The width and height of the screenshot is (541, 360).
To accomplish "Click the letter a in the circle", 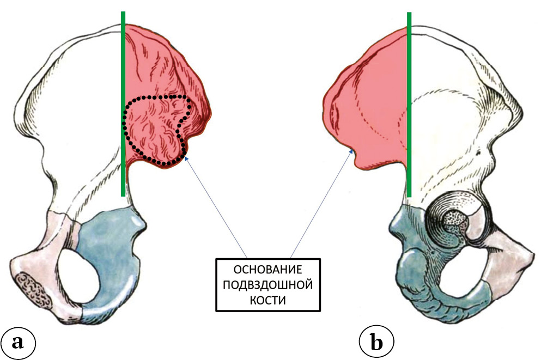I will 19,341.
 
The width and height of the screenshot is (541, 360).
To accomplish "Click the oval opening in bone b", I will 458,272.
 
